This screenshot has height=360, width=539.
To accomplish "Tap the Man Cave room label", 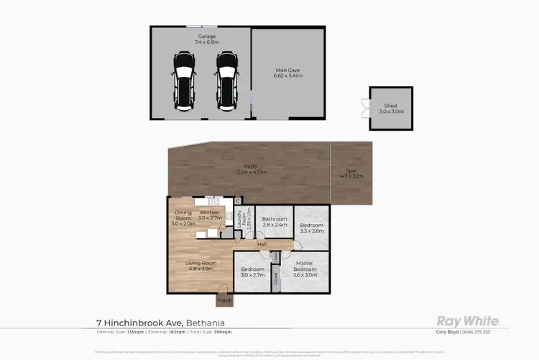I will [x=287, y=73].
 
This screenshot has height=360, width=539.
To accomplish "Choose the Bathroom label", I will [x=274, y=221].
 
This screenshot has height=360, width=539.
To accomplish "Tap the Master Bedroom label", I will [x=303, y=272].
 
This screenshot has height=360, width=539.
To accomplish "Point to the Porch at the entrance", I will [x=225, y=300].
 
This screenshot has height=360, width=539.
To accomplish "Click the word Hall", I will [x=264, y=244].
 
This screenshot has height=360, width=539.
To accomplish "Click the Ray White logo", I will [x=469, y=321].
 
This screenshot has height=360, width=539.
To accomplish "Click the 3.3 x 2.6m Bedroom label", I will [x=312, y=228].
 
